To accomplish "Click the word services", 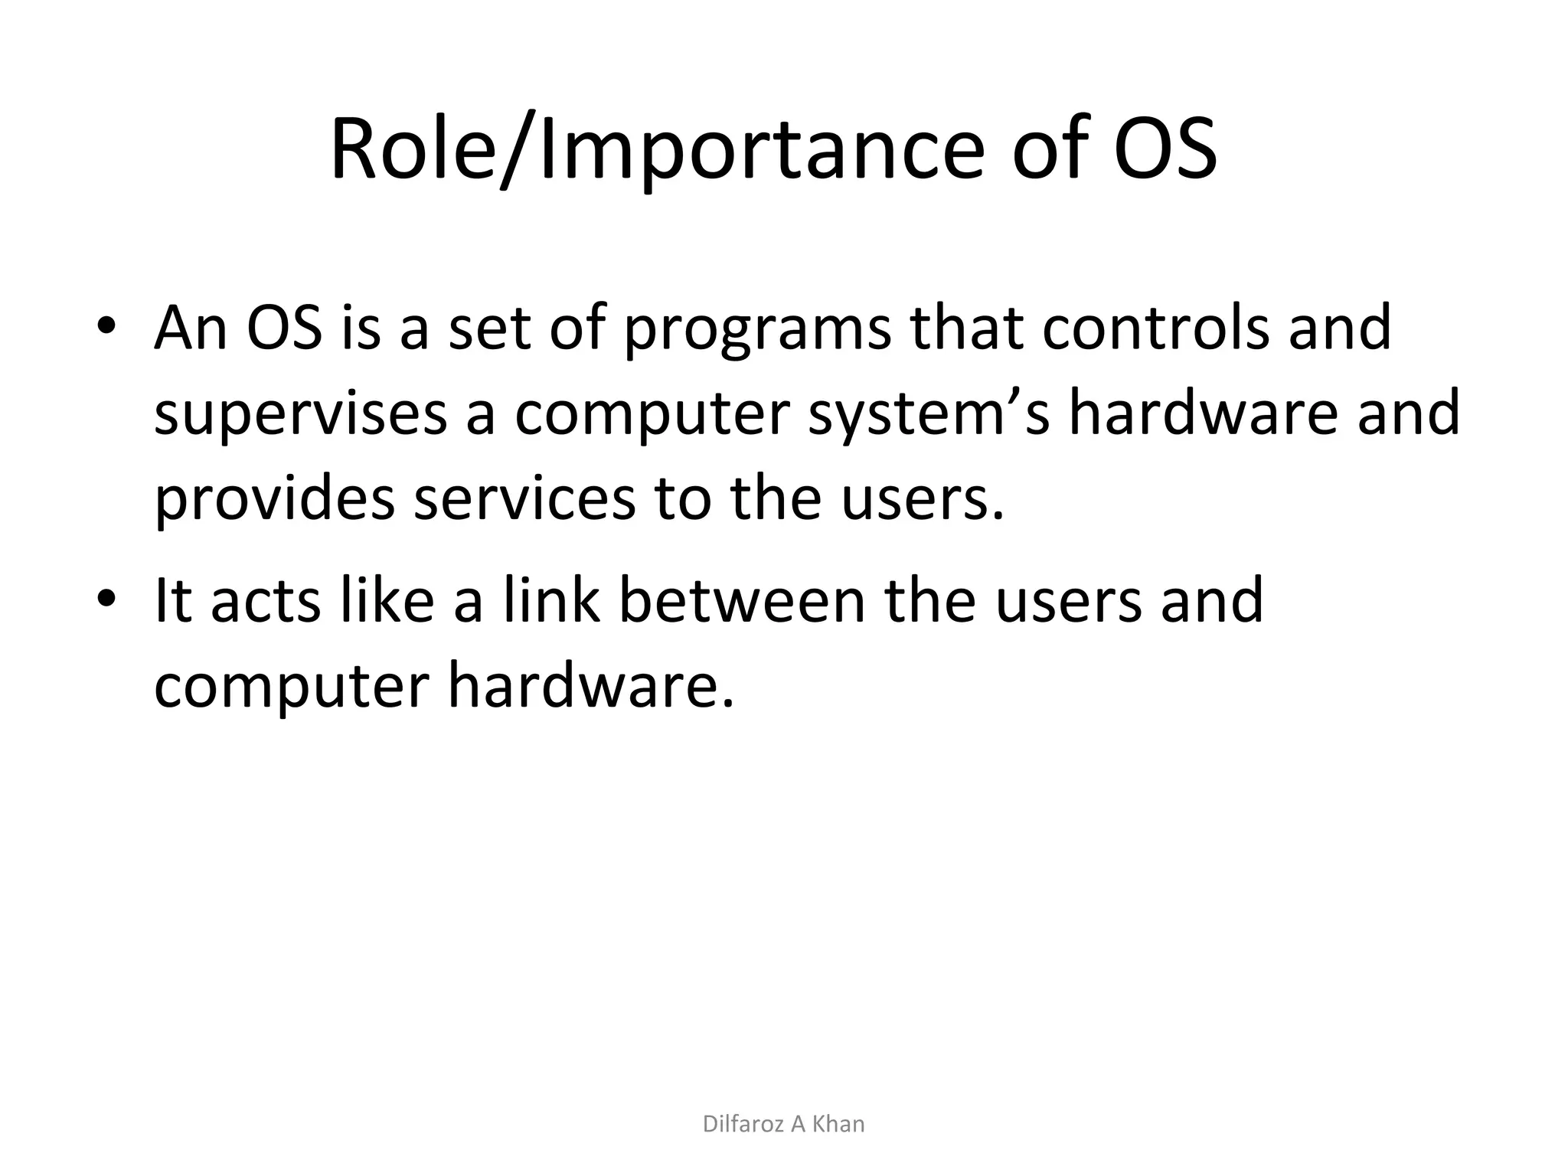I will click(524, 498).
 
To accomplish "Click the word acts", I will click(265, 602).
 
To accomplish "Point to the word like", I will click(386, 600).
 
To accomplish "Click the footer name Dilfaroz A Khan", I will click(783, 1124).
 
